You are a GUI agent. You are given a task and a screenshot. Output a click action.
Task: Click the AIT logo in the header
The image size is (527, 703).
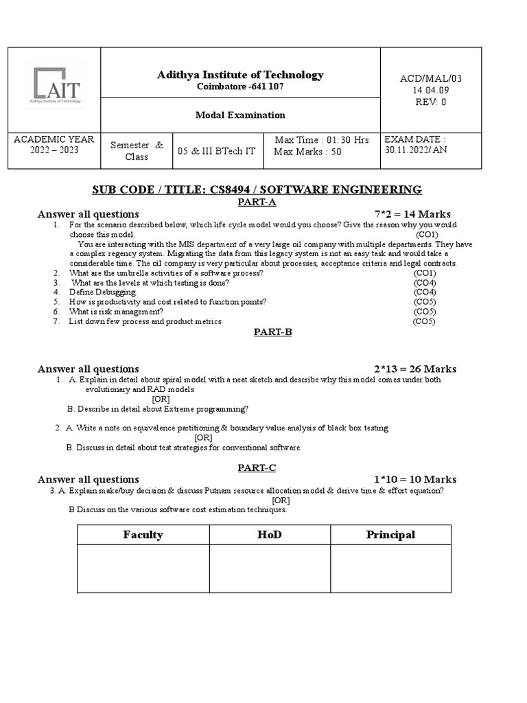coord(55,85)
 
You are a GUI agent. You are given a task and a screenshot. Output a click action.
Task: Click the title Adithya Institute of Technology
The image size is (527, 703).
coord(239,75)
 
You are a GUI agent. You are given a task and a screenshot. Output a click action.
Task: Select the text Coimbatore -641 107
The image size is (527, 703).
coord(239,87)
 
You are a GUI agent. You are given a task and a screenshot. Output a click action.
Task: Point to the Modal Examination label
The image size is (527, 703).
coord(239,115)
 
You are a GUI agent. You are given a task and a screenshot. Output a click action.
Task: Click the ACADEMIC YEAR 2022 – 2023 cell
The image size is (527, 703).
coord(54,145)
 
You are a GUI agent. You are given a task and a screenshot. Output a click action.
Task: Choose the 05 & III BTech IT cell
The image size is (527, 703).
coord(216,151)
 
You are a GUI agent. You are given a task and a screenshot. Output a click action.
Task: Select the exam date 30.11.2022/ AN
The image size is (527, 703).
coord(415,150)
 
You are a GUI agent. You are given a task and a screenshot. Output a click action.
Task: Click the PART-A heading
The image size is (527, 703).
coord(256,203)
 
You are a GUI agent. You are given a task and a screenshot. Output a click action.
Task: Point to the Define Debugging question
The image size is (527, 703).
coord(98,292)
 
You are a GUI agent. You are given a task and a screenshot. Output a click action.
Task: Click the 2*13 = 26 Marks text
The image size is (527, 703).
coord(414,369)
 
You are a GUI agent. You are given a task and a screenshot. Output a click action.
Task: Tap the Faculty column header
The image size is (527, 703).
coord(143,535)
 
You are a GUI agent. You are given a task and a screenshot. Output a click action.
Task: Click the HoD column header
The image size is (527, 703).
coord(270,535)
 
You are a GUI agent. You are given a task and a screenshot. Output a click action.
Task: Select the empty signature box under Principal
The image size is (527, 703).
coord(390,568)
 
